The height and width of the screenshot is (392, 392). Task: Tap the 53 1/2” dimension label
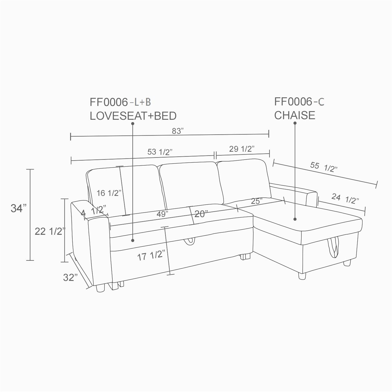(x=160, y=152)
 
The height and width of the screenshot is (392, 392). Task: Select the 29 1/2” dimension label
(x=242, y=149)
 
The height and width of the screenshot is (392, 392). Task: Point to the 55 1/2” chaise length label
(x=324, y=167)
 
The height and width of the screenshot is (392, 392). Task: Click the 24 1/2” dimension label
(x=345, y=198)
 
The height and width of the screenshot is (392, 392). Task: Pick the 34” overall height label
(x=19, y=208)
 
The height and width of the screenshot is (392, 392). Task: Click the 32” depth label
(x=70, y=277)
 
